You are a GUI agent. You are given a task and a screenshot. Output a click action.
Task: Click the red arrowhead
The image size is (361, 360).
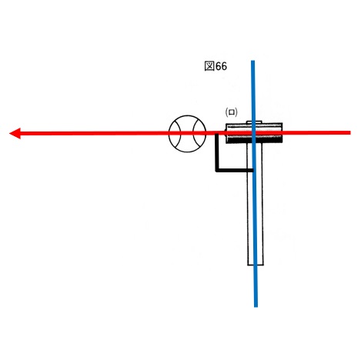point(15,133)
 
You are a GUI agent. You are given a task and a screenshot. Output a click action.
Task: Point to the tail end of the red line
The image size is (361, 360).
point(350,132)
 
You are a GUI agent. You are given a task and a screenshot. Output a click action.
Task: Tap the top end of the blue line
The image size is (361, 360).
point(252,61)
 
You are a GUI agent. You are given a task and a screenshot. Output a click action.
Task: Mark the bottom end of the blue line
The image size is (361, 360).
point(256,306)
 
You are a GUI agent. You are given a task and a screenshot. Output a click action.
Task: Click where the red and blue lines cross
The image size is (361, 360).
point(253,133)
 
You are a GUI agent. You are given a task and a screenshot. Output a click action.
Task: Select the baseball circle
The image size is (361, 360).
point(187,134)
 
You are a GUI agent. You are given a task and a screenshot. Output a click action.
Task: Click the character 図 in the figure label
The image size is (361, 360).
point(209,66)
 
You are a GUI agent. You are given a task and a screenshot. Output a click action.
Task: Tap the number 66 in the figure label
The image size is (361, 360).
point(221,66)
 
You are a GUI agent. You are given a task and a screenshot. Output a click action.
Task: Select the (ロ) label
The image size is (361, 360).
point(231,112)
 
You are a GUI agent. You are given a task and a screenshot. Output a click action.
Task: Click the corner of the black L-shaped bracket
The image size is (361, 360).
point(217,170)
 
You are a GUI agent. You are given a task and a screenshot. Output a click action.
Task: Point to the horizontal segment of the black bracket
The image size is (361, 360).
point(235,170)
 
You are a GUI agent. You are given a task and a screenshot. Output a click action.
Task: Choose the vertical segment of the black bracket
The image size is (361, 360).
point(217,152)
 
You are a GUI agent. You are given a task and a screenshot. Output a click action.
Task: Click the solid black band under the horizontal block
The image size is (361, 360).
point(254,140)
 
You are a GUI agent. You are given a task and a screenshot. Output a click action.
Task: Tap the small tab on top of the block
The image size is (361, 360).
point(254,122)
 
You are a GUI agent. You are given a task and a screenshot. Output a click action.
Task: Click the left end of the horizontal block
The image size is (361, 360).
point(226,133)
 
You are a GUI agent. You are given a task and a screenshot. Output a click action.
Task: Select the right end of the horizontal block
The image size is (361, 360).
point(282,133)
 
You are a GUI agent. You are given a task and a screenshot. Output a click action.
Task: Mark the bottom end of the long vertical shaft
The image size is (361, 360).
point(256,265)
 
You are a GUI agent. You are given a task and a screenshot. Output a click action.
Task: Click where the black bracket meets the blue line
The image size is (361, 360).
point(253,170)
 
